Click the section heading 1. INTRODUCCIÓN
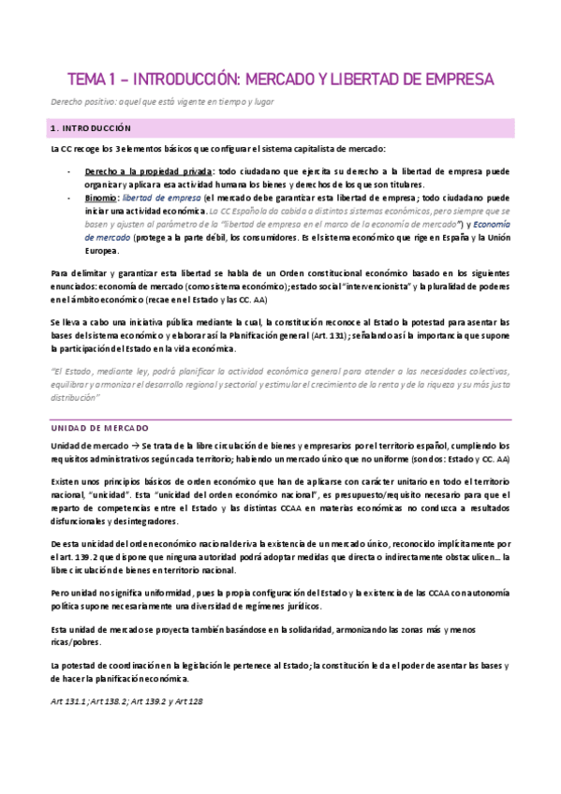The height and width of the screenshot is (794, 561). click(92, 126)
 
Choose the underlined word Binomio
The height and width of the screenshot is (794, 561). click(101, 198)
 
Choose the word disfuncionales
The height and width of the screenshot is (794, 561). click(88, 521)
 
